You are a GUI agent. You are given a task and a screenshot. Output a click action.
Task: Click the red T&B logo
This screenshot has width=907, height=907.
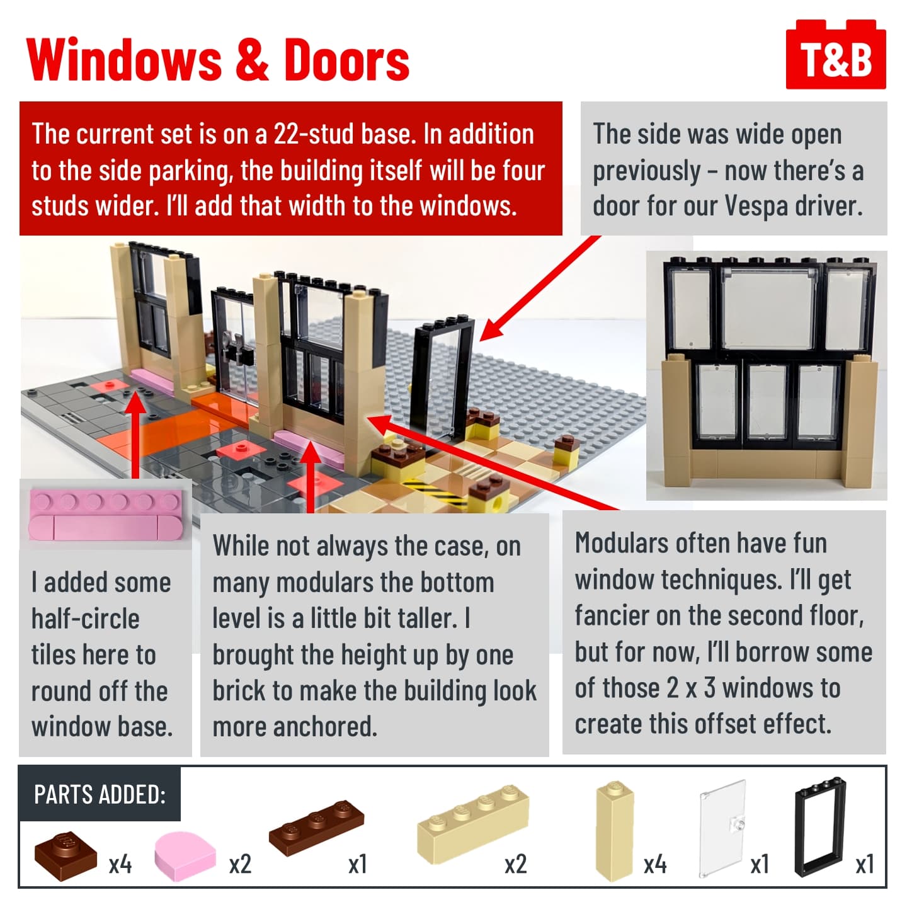[x=835, y=54]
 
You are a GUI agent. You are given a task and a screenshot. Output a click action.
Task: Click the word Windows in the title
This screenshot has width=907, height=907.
[x=124, y=60]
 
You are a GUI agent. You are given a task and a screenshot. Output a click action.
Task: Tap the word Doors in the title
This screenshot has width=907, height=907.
[x=347, y=60]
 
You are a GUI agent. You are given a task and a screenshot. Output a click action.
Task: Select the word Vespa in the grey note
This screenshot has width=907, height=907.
[x=756, y=206]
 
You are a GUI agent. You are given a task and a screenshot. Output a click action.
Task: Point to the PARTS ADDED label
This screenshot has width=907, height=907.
[x=100, y=795]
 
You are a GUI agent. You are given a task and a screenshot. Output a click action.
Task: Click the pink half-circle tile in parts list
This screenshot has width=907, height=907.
[x=185, y=856]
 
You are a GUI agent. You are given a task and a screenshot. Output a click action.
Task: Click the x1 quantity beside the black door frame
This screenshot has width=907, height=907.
[x=865, y=864]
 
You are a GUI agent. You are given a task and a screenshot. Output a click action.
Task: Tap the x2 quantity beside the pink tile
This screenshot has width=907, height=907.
[x=240, y=864]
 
